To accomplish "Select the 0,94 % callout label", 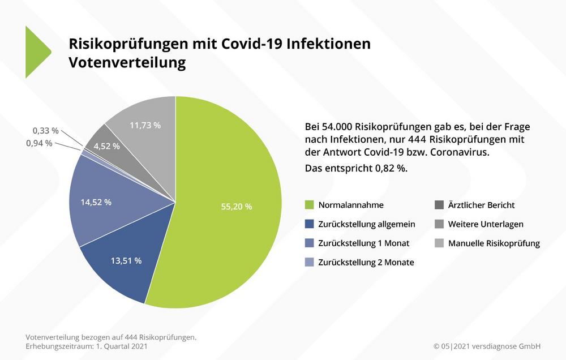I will (x=39, y=143).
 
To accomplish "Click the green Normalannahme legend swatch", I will (x=309, y=205).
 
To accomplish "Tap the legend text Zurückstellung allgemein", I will (x=366, y=224).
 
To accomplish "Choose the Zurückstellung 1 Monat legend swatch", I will (x=309, y=243).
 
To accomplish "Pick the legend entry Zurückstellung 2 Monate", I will (x=366, y=262).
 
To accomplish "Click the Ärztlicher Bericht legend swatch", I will (x=439, y=205).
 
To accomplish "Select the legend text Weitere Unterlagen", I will (x=486, y=224).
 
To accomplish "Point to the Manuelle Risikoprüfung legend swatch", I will (x=439, y=243).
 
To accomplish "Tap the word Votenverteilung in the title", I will (x=127, y=62).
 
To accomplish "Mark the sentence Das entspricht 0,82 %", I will (x=356, y=168).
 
